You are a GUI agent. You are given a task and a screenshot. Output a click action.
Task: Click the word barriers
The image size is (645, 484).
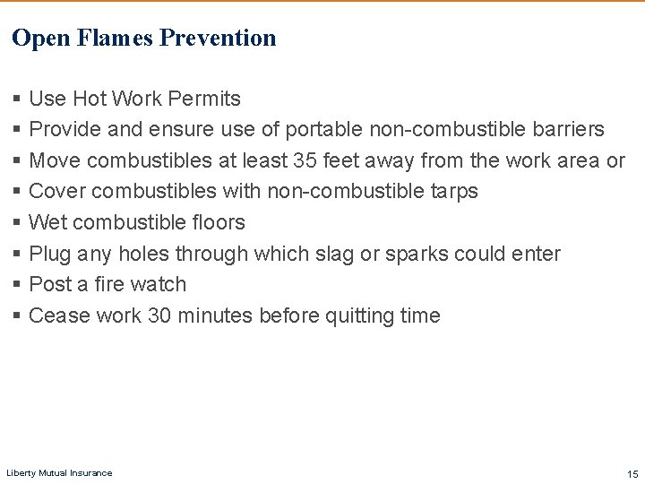(x=564, y=129)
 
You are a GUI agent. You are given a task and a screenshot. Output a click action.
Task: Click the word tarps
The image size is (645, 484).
(x=454, y=192)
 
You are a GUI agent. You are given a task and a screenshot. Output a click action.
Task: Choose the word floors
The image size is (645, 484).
(x=217, y=222)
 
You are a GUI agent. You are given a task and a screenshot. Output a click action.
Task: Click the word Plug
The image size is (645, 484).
(x=50, y=254)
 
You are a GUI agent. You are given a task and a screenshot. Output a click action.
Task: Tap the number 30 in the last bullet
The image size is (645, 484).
(x=159, y=315)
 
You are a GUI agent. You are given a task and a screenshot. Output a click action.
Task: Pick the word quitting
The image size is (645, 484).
(x=350, y=315)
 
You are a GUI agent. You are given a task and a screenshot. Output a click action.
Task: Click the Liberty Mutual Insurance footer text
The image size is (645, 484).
(x=59, y=472)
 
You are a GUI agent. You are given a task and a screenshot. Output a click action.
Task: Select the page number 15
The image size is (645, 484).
(x=632, y=472)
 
